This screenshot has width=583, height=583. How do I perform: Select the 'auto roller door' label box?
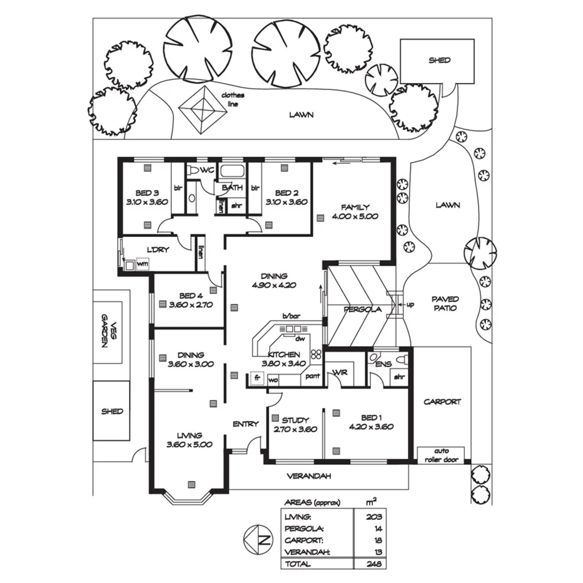441,455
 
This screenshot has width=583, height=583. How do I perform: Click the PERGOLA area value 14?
376,529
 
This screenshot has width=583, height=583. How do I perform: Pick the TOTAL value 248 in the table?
374,564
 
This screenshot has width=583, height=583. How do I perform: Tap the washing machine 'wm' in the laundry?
142,264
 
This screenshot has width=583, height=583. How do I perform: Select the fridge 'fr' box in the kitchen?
256,378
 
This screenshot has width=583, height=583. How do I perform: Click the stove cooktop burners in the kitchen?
316,354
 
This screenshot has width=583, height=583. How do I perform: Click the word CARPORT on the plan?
442,402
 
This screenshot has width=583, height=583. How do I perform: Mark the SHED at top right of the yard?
439,61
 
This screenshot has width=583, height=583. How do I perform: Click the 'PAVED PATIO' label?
445,303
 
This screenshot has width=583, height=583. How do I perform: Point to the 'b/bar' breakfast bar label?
291,316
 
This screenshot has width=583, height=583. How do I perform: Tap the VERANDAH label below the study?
308,475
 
